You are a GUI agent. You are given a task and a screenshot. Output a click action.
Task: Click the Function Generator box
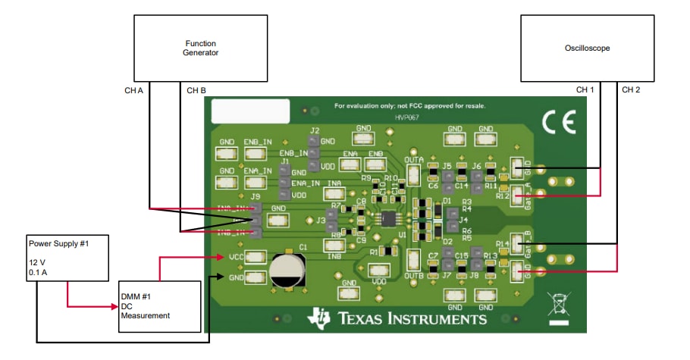[200, 48]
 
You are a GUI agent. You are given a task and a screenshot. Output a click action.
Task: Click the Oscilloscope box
[587, 48]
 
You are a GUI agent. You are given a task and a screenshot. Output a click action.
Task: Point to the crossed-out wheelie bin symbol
[558, 308]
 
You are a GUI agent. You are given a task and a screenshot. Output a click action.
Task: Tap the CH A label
[133, 90]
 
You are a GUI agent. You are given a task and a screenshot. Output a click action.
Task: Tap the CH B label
[196, 90]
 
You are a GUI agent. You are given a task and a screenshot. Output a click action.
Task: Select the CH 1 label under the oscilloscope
[585, 89]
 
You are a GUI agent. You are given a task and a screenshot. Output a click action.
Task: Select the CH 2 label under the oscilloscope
[631, 89]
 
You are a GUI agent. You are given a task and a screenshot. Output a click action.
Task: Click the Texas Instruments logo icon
[318, 319]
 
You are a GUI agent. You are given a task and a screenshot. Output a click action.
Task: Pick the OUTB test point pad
[414, 261]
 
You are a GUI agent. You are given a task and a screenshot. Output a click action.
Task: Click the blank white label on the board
[250, 111]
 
